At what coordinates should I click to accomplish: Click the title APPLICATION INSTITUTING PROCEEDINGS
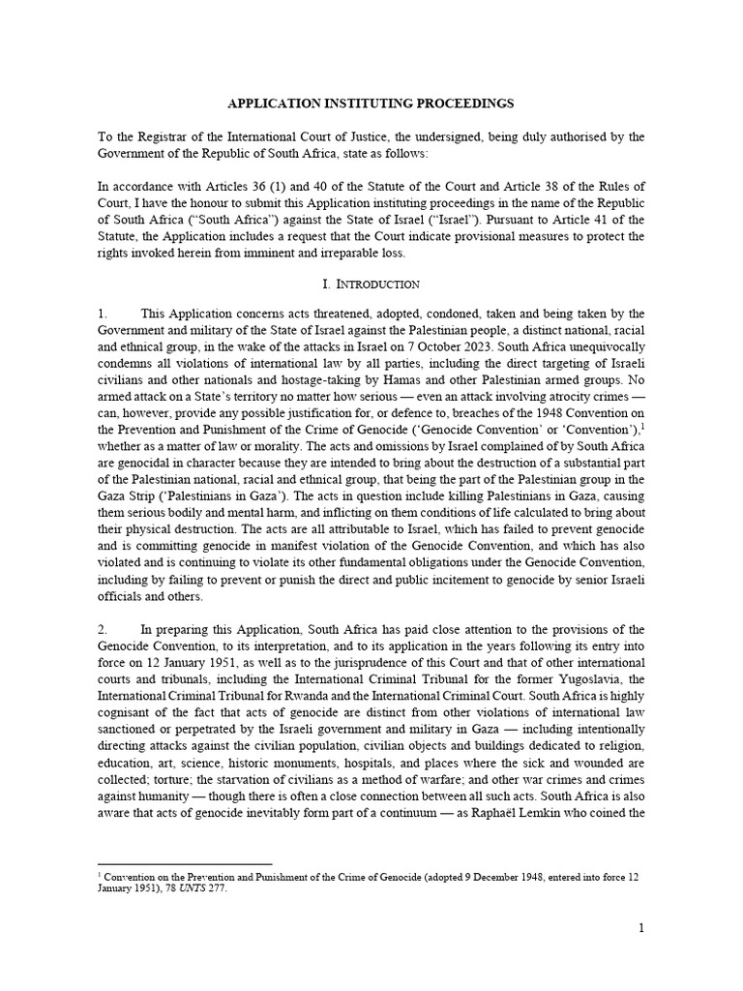pos(371,102)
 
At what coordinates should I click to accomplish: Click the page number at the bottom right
pos(640,928)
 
